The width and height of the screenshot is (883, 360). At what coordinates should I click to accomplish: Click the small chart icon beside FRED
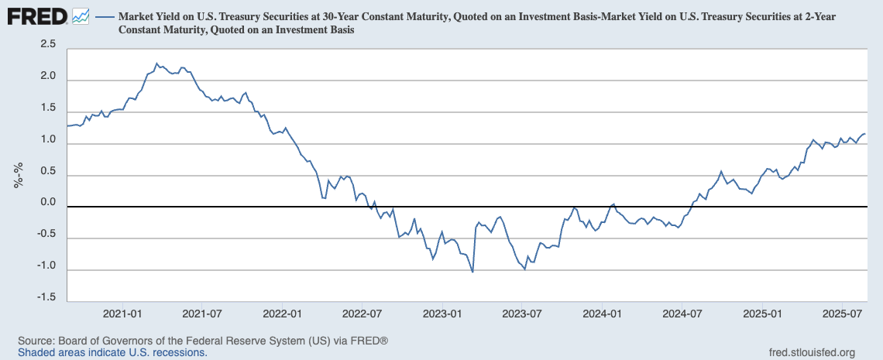[80, 15]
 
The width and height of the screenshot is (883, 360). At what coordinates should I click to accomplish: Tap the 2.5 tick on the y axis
[47, 45]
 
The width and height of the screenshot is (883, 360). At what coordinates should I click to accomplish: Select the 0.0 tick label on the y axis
[47, 203]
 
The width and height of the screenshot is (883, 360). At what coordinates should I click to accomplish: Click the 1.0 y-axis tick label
[47, 140]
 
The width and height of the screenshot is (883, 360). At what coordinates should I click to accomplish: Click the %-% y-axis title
[18, 175]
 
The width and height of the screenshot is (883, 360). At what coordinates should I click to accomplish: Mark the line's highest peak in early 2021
[156, 63]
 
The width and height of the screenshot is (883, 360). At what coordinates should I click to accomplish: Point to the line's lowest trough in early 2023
[472, 272]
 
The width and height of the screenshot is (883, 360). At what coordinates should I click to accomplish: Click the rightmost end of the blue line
[865, 134]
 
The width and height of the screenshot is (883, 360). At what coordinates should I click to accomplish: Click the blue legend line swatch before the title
[104, 16]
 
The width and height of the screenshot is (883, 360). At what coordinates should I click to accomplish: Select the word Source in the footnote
[35, 341]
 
